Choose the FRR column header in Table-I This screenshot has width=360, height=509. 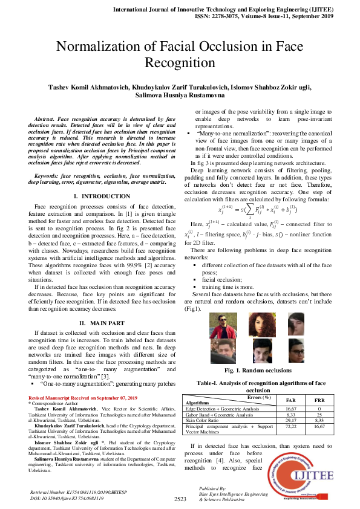pos(319,401)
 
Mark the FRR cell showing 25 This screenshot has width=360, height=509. pos(319,414)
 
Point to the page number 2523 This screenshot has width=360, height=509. pos(180,499)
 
